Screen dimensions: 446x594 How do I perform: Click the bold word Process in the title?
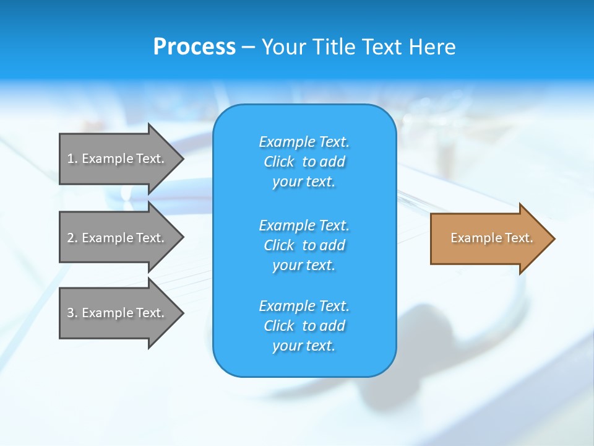pos(194,47)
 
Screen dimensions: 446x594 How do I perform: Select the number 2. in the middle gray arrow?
pos(72,238)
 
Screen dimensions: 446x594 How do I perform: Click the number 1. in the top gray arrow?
pos(72,159)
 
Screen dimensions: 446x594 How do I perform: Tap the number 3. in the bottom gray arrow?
pos(72,313)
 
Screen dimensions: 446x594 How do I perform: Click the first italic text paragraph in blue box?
pos(304,162)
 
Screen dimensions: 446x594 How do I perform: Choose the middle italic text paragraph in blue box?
pos(304,245)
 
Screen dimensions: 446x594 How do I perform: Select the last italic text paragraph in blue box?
pos(304,326)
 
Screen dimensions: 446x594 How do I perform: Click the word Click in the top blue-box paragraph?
pos(279,162)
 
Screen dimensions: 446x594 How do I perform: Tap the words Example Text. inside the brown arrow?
pos(492,238)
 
